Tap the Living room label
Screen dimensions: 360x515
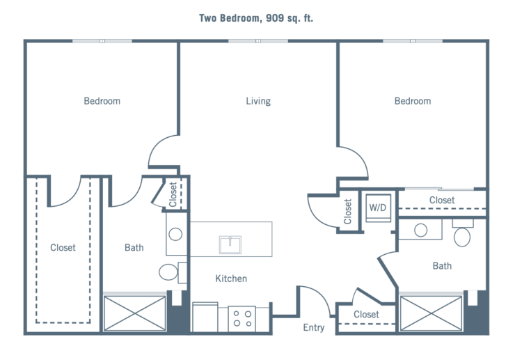tap(258, 102)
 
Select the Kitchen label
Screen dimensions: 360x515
tap(232, 279)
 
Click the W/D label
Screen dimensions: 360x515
tap(377, 208)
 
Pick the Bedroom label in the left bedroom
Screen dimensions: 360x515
tap(102, 102)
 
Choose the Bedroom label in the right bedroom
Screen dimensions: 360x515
tap(413, 102)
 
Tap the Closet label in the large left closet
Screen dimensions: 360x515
tap(63, 248)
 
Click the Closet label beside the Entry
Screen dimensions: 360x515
tap(366, 315)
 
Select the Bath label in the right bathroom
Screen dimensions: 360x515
tap(441, 265)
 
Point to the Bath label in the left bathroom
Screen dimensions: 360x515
tap(134, 248)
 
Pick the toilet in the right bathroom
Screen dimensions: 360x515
tap(462, 235)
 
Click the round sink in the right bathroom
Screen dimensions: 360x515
tap(421, 230)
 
